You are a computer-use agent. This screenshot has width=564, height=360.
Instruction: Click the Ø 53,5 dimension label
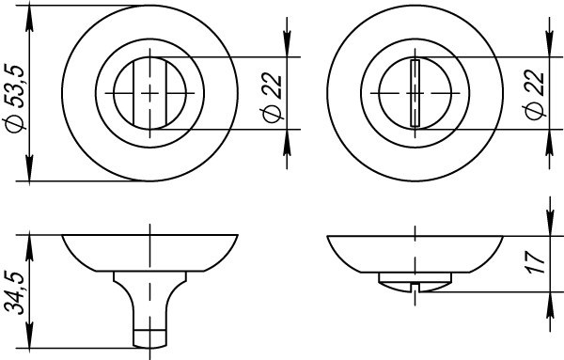17,99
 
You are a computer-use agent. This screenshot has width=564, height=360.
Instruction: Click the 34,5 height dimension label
14,293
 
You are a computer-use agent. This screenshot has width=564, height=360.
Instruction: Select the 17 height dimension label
536,262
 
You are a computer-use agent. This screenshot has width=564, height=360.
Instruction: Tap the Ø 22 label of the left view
273,98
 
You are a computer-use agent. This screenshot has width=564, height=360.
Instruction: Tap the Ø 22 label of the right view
535,94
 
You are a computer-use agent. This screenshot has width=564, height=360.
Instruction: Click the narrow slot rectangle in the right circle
415,93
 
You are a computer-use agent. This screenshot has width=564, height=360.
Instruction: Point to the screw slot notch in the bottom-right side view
415,287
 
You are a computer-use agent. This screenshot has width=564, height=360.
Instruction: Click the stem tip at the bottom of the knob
149,338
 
